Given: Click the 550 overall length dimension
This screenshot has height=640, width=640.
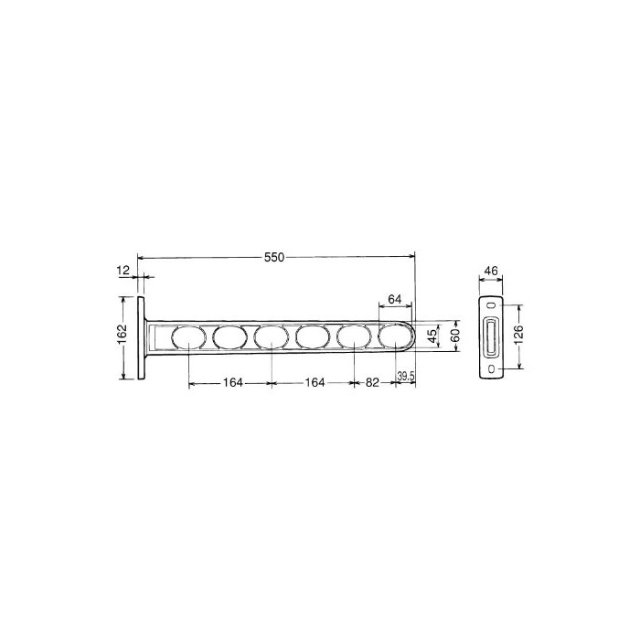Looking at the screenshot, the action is [x=274, y=258].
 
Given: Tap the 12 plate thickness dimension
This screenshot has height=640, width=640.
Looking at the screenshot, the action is [x=123, y=271].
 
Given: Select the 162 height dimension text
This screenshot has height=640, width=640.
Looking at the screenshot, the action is [x=123, y=335].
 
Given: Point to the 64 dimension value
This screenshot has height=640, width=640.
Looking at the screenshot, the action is [x=395, y=299].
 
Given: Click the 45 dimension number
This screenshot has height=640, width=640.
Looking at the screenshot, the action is [x=432, y=336].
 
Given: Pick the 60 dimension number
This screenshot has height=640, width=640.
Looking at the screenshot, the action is [x=455, y=336].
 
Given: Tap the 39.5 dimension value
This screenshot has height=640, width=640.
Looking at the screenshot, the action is [x=406, y=377].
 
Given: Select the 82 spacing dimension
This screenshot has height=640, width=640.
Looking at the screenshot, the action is [x=372, y=383].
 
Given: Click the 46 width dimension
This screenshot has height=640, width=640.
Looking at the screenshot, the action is [x=491, y=271].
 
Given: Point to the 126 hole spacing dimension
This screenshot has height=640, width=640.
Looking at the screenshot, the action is [x=518, y=336].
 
